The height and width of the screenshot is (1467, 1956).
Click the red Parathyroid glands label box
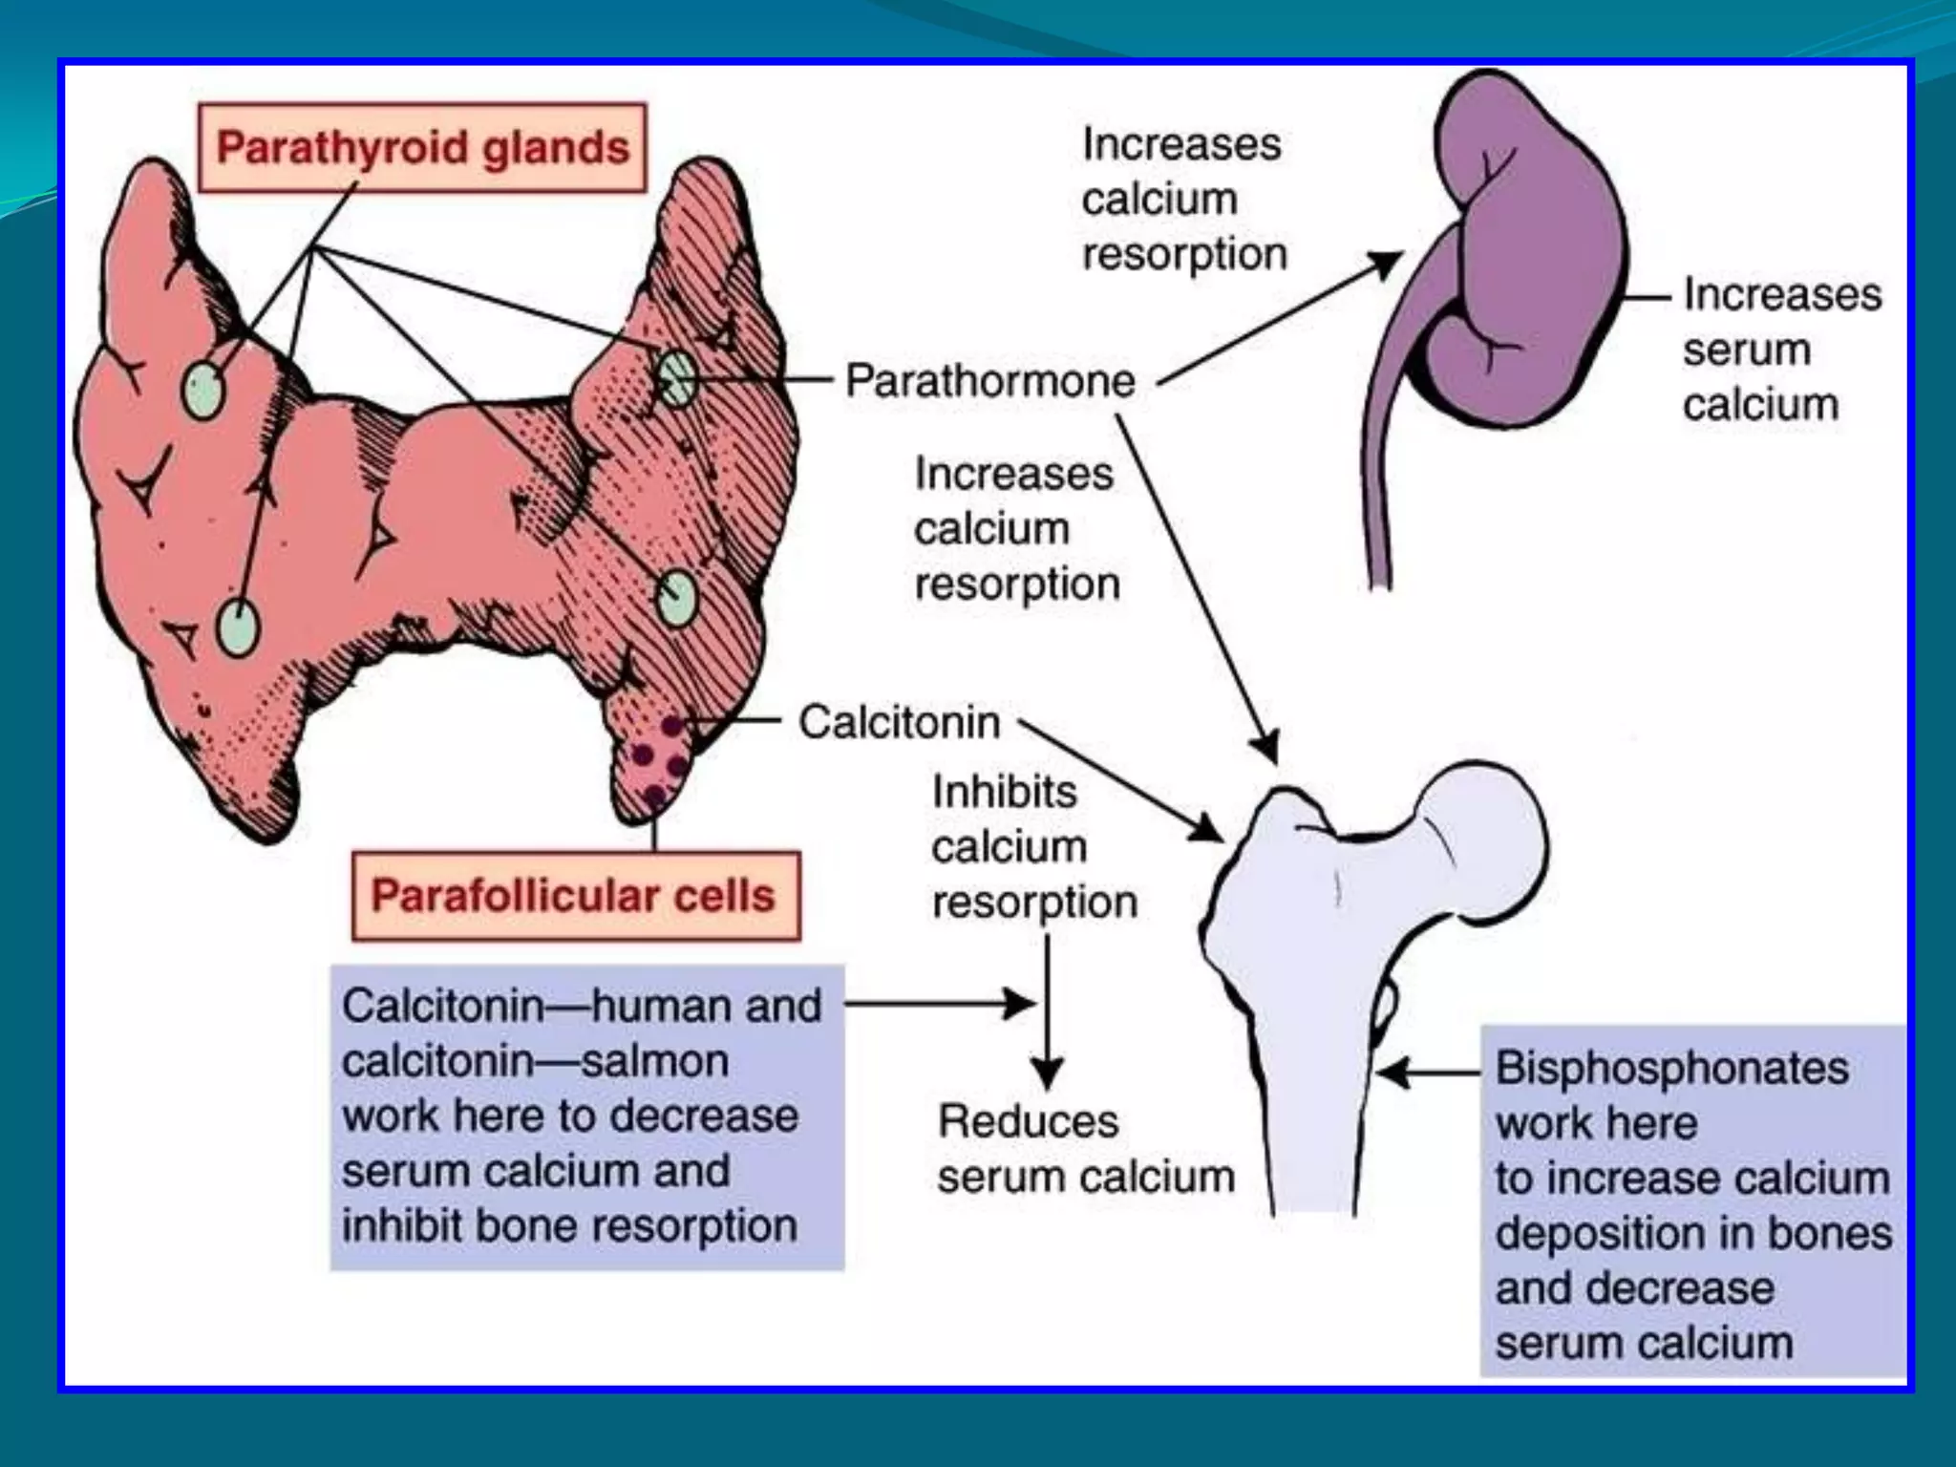[x=422, y=148]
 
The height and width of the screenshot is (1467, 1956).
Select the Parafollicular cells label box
[x=574, y=896]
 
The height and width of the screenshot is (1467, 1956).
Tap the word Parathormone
[x=989, y=381]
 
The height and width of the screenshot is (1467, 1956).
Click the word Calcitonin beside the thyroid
[x=899, y=722]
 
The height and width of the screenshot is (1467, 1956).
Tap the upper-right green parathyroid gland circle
[x=676, y=378]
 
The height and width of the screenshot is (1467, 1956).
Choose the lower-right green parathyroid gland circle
[x=676, y=598]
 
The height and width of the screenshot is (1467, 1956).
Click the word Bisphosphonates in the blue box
[x=1671, y=1068]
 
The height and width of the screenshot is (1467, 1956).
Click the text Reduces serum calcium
[x=1085, y=1149]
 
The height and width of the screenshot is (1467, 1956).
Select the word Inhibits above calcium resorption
[x=1004, y=792]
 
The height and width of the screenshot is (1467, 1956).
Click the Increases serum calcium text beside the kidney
[x=1781, y=350]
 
